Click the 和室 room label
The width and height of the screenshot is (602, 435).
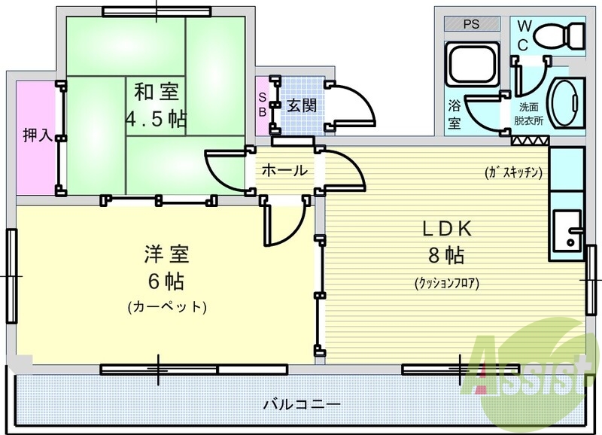(x=156, y=93)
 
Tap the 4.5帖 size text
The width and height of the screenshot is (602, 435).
(x=156, y=119)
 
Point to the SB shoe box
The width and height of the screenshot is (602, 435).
(x=262, y=105)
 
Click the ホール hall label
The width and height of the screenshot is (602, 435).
(x=284, y=171)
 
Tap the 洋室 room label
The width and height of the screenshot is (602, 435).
(x=165, y=254)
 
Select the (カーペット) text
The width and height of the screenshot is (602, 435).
(x=166, y=307)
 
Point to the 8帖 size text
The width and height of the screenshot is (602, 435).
(x=445, y=256)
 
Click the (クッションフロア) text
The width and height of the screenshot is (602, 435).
(x=446, y=284)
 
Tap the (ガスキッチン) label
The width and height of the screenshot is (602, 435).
(x=514, y=172)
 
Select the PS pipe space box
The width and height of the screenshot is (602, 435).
(x=471, y=24)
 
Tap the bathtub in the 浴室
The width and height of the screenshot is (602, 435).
(x=472, y=66)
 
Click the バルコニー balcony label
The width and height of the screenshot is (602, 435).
(x=301, y=404)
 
